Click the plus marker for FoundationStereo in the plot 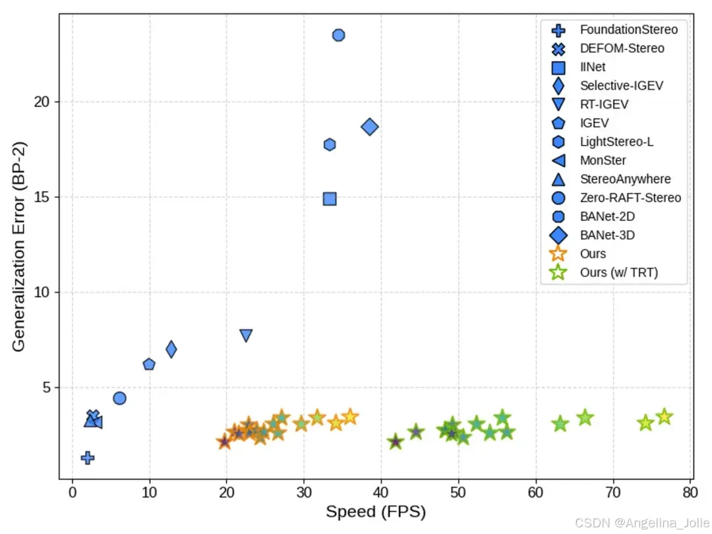coord(88,458)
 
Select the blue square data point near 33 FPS coord(330,199)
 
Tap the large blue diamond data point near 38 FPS coord(370,127)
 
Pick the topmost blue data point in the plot coord(338,35)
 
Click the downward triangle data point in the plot coord(246,335)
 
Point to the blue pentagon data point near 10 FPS coord(149,364)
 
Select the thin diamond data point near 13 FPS coord(171,349)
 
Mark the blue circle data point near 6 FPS coord(119,398)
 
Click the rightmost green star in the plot coord(665,417)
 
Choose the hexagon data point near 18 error coord(330,144)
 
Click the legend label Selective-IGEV coord(621,85)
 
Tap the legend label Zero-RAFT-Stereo coord(630,198)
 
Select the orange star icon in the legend coord(558,253)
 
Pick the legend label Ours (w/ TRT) coord(619,272)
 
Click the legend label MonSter coord(603,160)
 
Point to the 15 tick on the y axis coord(42,197)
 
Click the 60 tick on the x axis coord(536,492)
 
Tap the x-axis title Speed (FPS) coord(376,512)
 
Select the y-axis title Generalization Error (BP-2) coord(19,247)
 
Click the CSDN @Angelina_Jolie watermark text coord(642,523)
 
